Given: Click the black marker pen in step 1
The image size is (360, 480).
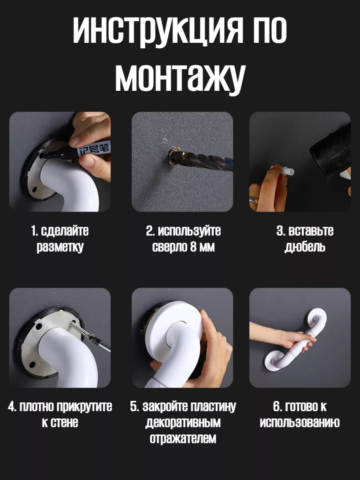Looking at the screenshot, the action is (x=76, y=151).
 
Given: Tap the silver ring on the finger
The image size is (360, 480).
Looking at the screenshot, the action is (x=254, y=200).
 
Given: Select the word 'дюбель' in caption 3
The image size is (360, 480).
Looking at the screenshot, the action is (x=305, y=247).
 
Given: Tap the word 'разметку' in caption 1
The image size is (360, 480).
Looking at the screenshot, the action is (x=60, y=247).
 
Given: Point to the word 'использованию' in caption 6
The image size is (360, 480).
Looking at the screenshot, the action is (x=300, y=422).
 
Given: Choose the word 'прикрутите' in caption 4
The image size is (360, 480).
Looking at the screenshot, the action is (x=84, y=406).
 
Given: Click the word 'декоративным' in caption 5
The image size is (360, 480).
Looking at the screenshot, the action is (x=183, y=423).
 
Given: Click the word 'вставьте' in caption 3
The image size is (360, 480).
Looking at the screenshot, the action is (x=311, y=231).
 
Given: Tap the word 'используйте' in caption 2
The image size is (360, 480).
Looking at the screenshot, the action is (x=189, y=231).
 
